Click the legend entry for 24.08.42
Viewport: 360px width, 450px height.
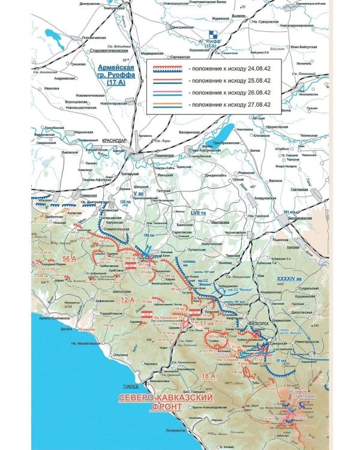click(210, 68)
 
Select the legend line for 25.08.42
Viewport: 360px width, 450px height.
click(210, 81)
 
